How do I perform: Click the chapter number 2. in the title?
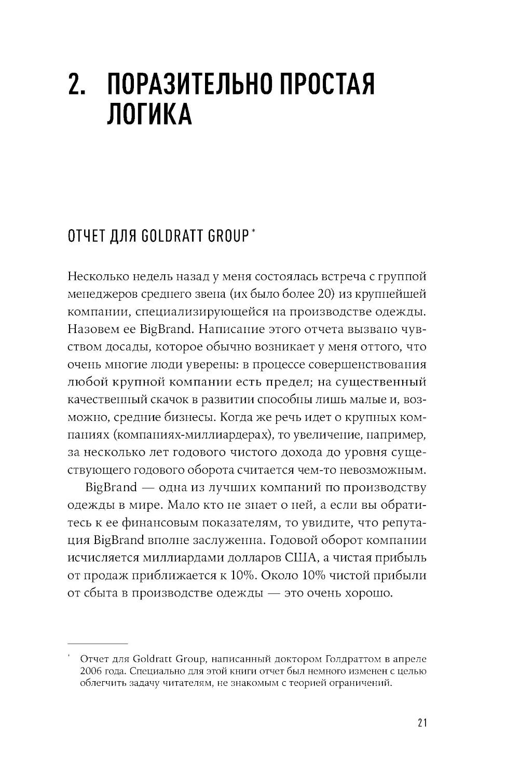[x=78, y=84]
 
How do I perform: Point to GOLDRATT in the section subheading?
[x=169, y=237]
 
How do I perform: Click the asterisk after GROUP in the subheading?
[x=253, y=233]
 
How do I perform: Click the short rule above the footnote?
[x=98, y=643]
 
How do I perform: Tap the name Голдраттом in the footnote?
[x=352, y=659]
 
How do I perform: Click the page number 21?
[x=421, y=723]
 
